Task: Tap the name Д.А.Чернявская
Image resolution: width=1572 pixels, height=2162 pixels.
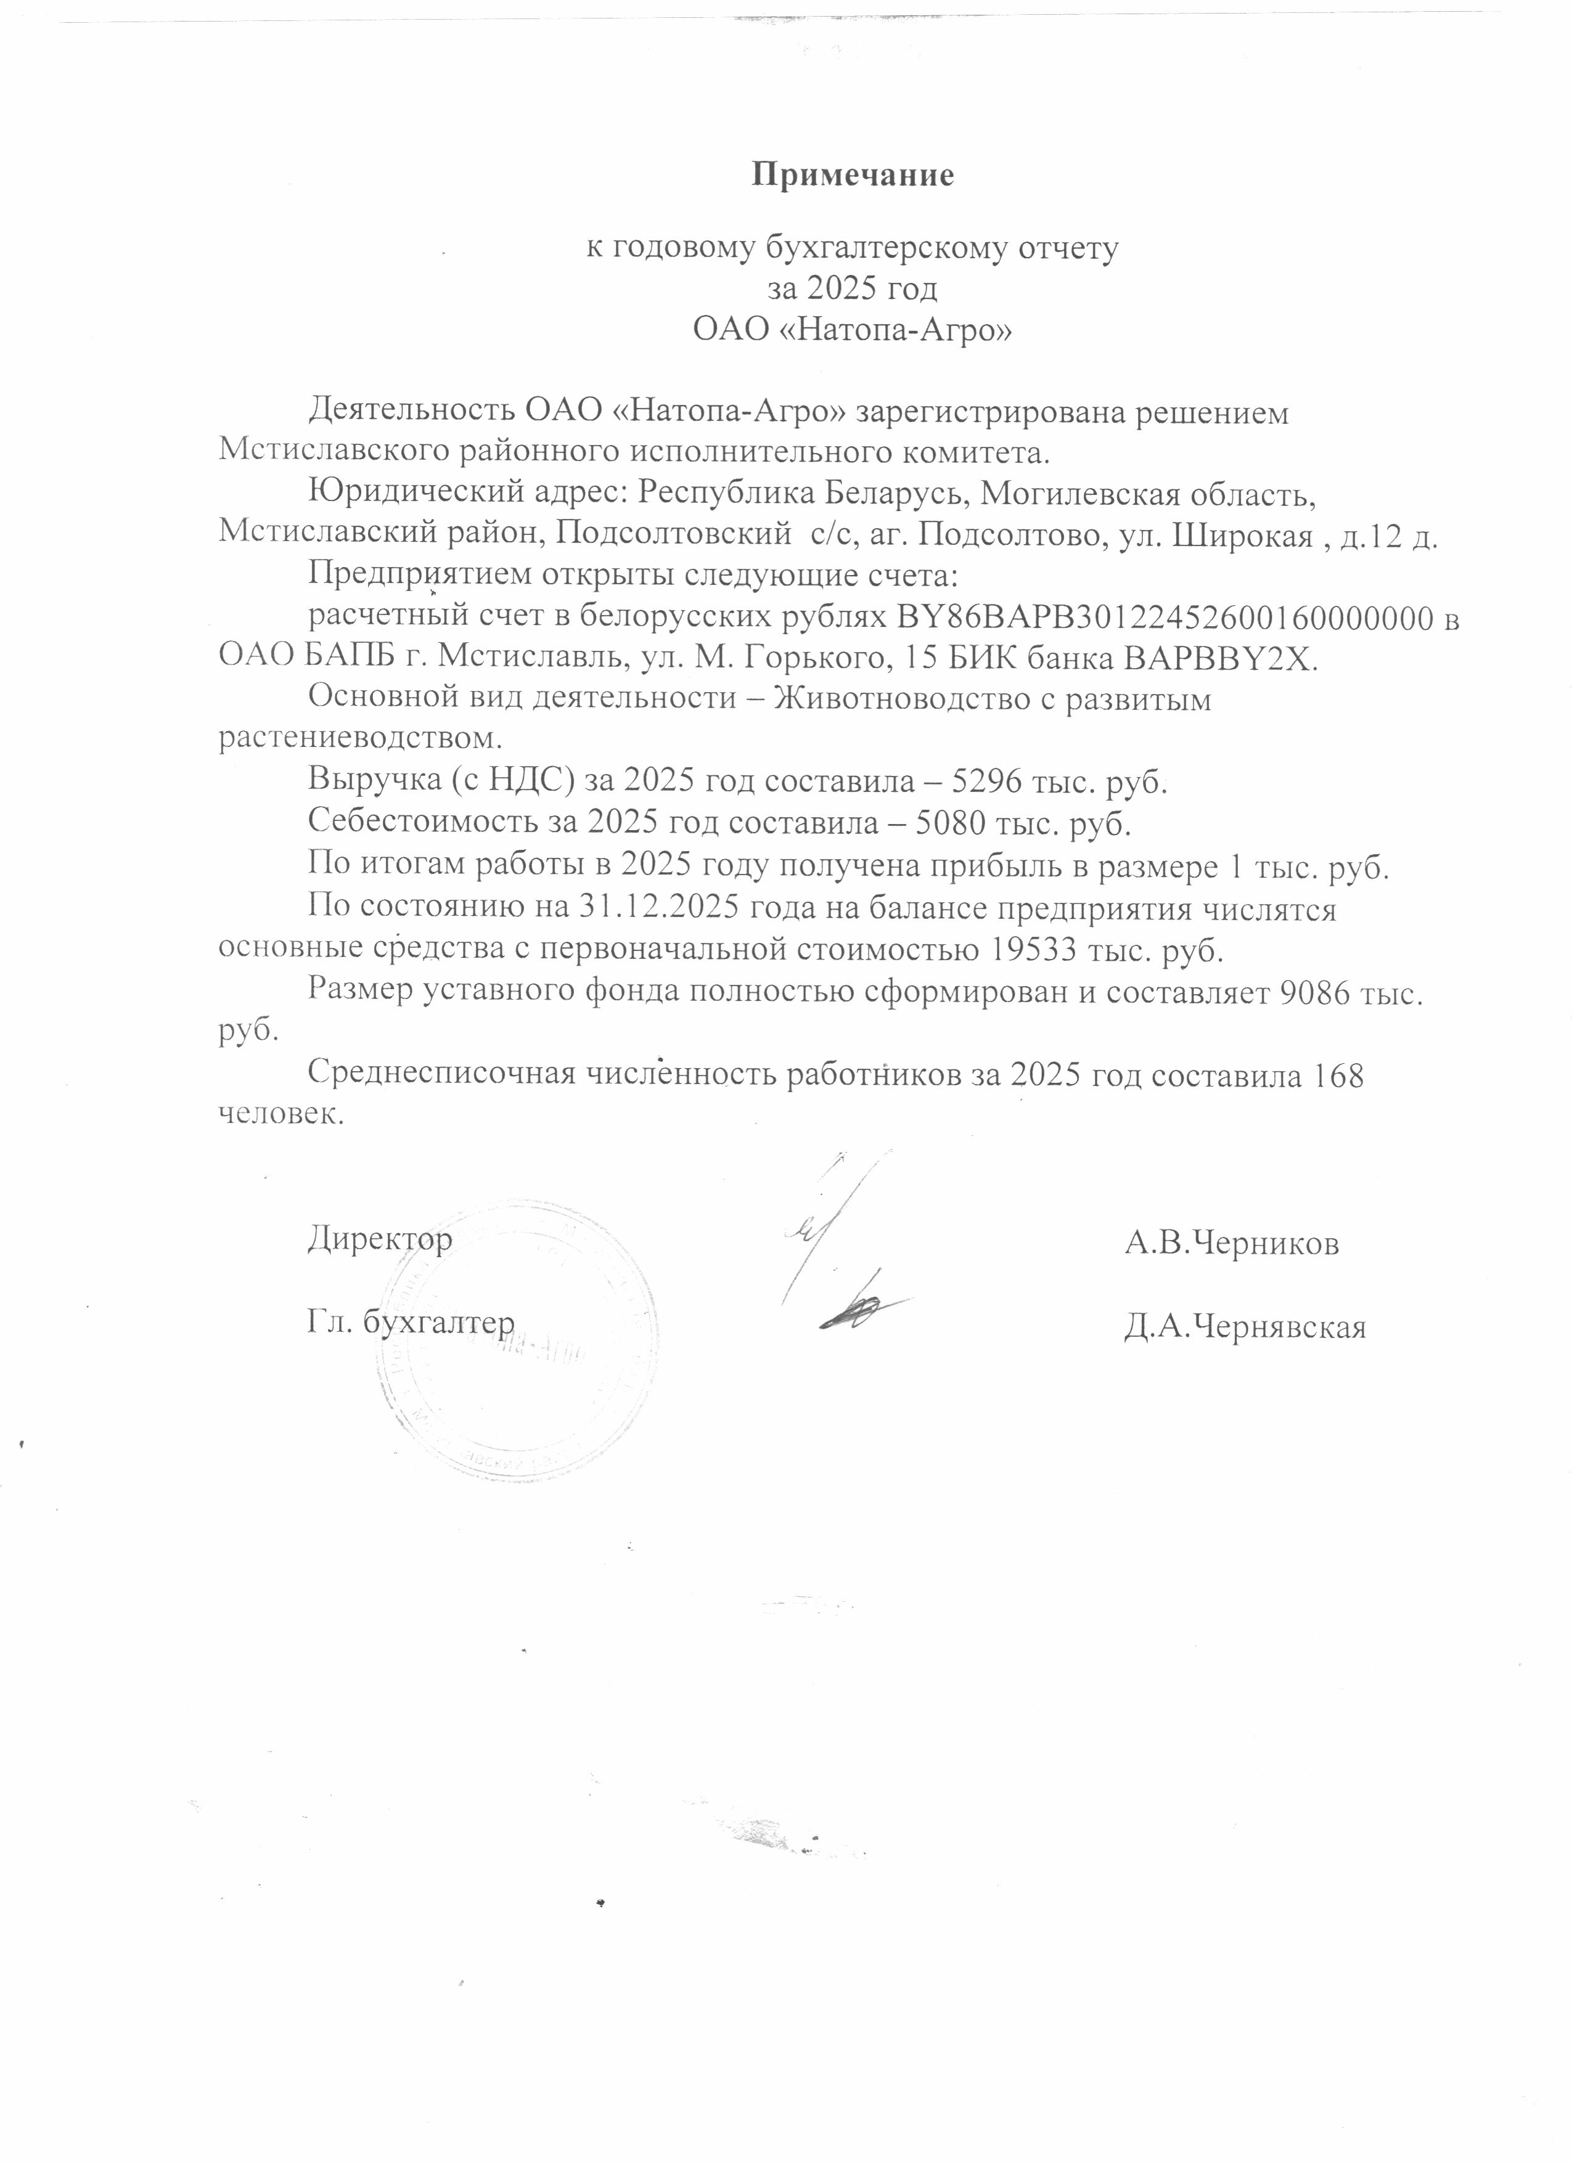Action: click(1244, 1326)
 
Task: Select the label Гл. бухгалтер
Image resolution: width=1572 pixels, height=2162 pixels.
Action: click(411, 1322)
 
